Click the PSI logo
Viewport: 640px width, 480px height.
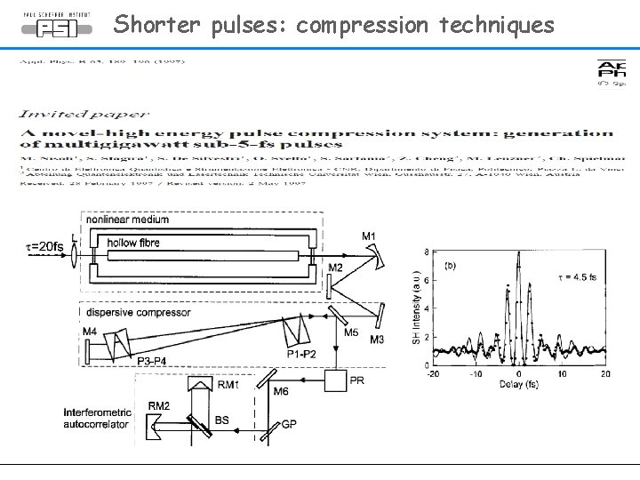[56, 25]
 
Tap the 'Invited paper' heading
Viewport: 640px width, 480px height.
[84, 114]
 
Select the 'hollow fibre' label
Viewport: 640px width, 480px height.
[133, 242]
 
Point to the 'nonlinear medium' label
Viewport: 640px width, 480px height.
[127, 220]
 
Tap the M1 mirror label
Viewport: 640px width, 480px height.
[369, 236]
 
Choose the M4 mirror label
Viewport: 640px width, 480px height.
[90, 332]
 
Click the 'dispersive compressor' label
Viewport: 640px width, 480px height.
[126, 312]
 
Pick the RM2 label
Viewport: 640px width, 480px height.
[159, 406]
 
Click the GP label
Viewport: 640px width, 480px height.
[289, 425]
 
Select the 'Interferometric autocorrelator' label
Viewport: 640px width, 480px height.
[97, 419]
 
